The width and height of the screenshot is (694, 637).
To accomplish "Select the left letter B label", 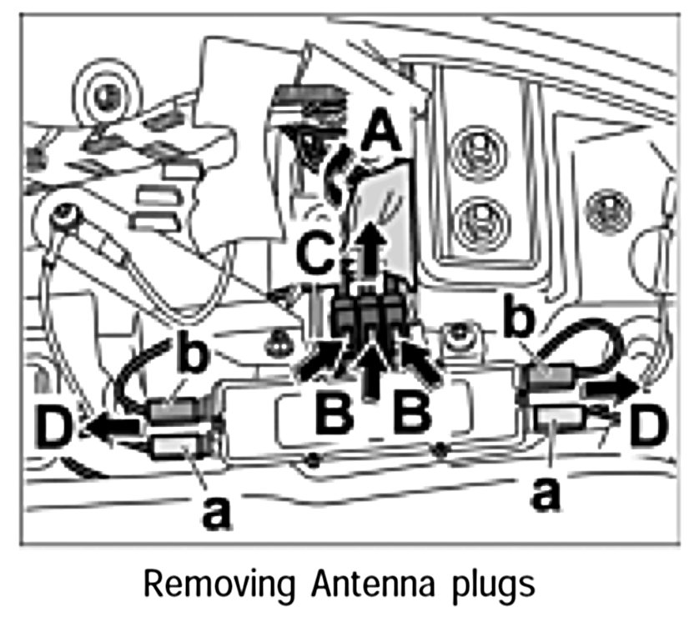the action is click(x=334, y=414).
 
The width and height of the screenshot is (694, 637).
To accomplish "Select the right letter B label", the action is click(x=412, y=414).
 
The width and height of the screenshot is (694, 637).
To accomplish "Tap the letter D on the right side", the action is click(x=647, y=425).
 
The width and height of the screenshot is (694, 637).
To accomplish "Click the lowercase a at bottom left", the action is click(x=216, y=512).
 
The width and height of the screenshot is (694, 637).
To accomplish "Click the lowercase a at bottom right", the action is click(x=546, y=495).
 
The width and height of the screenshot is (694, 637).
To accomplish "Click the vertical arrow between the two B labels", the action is click(x=372, y=374).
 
